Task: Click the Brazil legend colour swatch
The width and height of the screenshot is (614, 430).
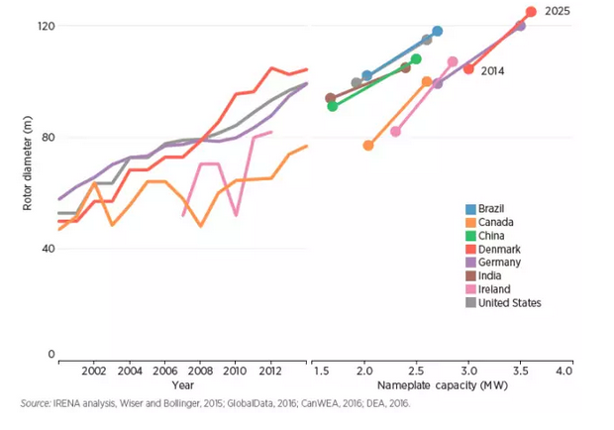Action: click(470, 209)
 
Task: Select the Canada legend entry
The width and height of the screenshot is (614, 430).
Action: click(494, 223)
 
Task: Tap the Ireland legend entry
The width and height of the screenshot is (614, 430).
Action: click(493, 289)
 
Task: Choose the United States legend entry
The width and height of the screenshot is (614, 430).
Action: click(509, 303)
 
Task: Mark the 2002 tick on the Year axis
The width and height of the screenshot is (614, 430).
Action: click(94, 371)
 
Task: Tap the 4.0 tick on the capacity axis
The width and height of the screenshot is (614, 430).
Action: click(563, 371)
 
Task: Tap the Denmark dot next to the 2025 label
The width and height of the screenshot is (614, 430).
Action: click(531, 12)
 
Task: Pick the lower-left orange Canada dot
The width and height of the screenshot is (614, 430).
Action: click(368, 146)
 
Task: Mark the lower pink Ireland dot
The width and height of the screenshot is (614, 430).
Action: click(395, 131)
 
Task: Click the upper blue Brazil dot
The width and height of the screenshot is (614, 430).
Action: click(437, 32)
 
